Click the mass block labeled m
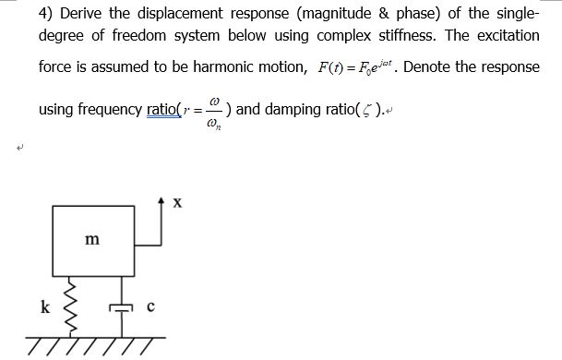pyautogui.click(x=93, y=241)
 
